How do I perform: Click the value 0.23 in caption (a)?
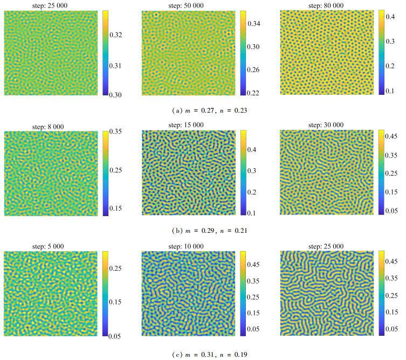point(240,110)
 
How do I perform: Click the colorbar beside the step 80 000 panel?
point(381,52)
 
